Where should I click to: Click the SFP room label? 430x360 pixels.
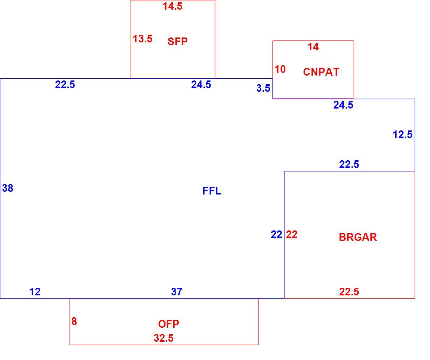pos(178,41)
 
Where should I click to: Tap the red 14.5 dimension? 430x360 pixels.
pos(172,6)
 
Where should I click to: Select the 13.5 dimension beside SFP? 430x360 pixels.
pos(143,39)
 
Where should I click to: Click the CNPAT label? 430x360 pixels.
pos(321,72)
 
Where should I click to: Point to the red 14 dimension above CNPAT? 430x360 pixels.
pos(313,47)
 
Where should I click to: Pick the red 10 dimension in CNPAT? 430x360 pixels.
pos(280,69)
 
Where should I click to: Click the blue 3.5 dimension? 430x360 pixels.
pos(263,88)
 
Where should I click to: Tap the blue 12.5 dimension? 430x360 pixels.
pos(403,134)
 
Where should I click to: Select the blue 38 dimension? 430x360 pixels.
pos(8,188)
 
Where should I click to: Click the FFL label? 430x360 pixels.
pos(212,191)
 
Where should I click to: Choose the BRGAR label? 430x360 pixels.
pos(358,237)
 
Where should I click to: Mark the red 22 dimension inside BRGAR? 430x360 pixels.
pos(292,234)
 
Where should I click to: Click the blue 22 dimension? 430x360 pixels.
pos(276,234)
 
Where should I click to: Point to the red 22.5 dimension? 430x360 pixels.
pos(349,292)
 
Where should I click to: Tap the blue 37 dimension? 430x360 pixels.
pos(177,292)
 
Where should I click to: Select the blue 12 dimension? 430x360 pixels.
pos(35,292)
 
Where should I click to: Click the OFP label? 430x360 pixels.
pos(169,324)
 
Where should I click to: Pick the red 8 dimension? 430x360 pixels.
pos(74,321)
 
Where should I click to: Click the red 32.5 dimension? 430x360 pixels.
pos(164,338)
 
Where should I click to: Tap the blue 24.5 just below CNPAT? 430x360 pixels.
pos(343,105)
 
